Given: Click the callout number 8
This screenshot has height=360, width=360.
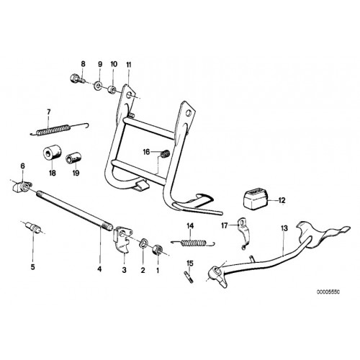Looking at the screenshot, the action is [x=83, y=64].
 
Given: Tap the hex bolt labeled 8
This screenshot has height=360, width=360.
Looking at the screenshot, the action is [x=77, y=78].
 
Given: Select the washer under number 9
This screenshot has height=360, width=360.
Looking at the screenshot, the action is [x=97, y=85].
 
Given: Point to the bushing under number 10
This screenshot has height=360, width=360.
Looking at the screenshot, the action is [x=112, y=90].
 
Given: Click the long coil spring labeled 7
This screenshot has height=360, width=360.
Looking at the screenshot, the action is [x=60, y=129].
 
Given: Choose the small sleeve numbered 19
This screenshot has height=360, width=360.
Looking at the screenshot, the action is [x=73, y=159].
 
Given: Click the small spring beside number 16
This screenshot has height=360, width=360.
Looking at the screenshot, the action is [x=165, y=154].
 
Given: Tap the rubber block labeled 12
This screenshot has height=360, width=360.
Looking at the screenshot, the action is [x=256, y=198].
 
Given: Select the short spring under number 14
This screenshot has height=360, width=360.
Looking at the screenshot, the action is [x=193, y=243].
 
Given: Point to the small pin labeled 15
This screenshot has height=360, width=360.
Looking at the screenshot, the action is [x=189, y=276].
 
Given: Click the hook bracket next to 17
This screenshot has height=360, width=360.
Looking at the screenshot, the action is [x=244, y=233].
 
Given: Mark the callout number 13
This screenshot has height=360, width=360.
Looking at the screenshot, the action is [x=284, y=228].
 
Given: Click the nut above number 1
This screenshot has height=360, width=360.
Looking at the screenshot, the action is [x=157, y=251].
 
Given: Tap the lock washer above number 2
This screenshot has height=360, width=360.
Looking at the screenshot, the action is [x=144, y=243].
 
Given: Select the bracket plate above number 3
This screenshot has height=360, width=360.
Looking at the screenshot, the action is [x=122, y=238].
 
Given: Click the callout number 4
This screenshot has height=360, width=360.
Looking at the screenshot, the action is [x=99, y=269].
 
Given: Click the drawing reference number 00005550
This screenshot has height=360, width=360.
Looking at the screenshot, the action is [x=328, y=292].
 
